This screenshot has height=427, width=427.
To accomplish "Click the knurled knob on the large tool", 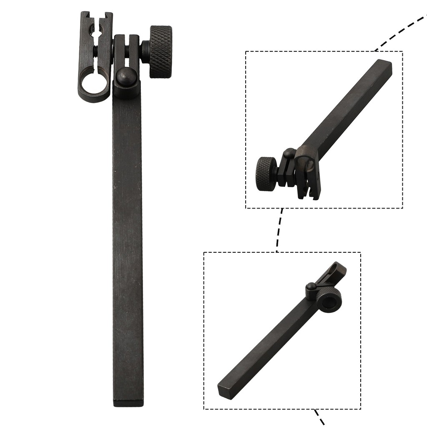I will tap(161, 52).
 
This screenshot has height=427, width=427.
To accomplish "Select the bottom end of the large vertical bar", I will tap(128, 401).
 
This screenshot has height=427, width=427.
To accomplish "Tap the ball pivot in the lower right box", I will tap(311, 286).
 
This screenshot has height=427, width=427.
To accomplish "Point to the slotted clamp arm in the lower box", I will tap(335, 273).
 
